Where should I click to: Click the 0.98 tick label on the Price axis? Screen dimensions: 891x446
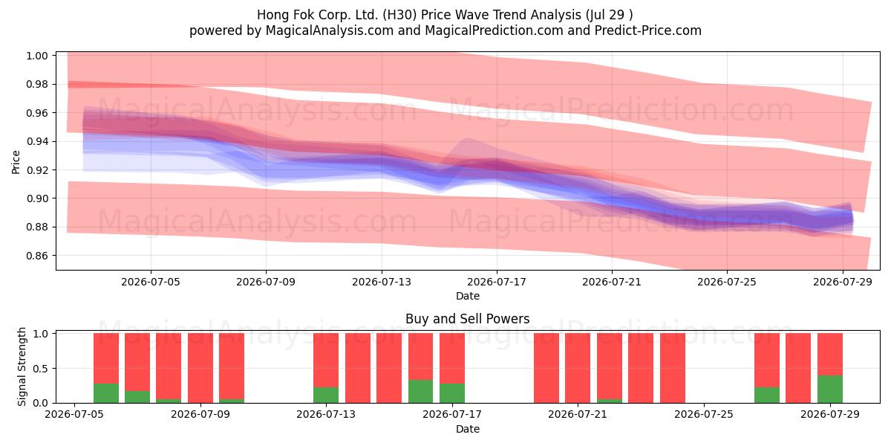click(x=36, y=85)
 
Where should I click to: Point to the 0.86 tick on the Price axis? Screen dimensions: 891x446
click(x=36, y=256)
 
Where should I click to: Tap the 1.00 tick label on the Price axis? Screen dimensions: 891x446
click(x=36, y=56)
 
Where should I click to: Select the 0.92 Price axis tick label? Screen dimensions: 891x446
click(x=36, y=170)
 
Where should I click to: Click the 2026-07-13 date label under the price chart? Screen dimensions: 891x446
click(x=382, y=282)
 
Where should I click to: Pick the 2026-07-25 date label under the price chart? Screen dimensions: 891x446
click(x=727, y=282)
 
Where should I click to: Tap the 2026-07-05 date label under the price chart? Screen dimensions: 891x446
click(x=151, y=282)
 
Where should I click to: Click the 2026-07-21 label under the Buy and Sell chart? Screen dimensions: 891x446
click(x=578, y=415)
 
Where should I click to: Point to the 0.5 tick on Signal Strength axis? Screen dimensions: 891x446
click(x=41, y=369)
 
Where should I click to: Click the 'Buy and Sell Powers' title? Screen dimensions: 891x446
click(x=467, y=319)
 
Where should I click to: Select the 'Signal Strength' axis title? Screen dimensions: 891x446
click(x=22, y=366)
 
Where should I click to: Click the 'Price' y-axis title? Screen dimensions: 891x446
click(x=16, y=163)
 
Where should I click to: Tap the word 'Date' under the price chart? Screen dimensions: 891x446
click(x=467, y=297)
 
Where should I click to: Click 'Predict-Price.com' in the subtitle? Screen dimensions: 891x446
click(x=648, y=30)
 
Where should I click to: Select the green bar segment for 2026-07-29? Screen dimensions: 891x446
click(x=830, y=389)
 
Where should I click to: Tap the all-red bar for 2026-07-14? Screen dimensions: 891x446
click(x=358, y=368)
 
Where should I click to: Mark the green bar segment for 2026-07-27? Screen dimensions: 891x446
click(x=767, y=395)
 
